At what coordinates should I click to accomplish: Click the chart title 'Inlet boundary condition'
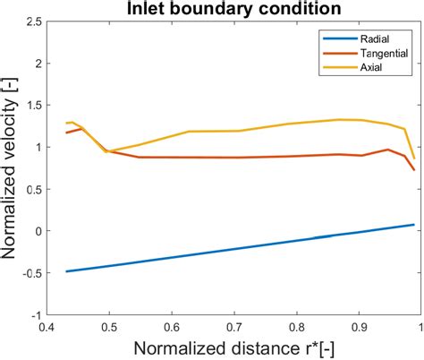click(x=233, y=10)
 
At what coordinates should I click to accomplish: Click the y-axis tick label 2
click(x=37, y=63)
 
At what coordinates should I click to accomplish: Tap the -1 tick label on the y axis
click(x=34, y=315)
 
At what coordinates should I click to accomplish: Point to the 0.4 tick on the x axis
click(x=48, y=328)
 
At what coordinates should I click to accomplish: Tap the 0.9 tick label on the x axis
click(x=359, y=328)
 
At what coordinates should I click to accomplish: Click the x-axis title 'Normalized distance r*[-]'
click(x=233, y=347)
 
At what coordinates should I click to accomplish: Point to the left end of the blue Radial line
click(x=66, y=271)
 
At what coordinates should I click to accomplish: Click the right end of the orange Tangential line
click(x=414, y=170)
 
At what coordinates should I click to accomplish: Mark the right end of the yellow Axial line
click(x=414, y=159)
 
